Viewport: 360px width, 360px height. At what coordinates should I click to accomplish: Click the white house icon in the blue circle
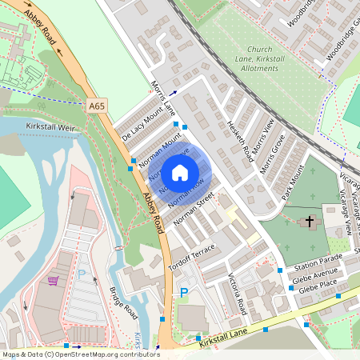click(180, 172)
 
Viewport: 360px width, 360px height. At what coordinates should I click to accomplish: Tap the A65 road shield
click(97, 106)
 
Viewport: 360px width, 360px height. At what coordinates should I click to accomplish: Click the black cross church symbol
click(309, 221)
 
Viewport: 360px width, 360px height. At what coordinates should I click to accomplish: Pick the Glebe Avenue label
click(319, 279)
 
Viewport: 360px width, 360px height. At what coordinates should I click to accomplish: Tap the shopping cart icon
click(54, 281)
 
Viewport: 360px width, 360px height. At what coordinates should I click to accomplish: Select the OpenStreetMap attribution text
click(81, 354)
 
